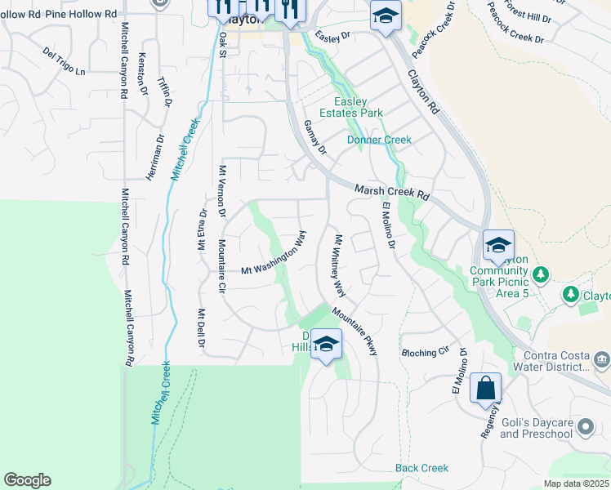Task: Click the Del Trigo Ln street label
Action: point(63,61)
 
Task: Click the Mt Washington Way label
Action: point(274,256)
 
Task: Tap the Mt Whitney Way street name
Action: point(339,266)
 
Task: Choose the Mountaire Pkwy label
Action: point(355,331)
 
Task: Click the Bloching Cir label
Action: point(426,353)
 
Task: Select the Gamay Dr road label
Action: point(314,137)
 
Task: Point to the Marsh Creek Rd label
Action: point(391,193)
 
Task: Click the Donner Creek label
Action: point(379,140)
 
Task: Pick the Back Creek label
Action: point(421,468)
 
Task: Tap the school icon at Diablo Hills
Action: point(326,343)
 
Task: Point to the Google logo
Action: point(27,480)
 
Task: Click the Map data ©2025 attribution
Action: point(575,483)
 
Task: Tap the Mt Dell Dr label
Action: point(200,328)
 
